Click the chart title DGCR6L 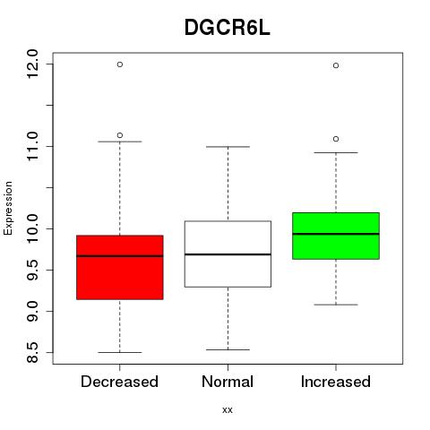click(x=228, y=28)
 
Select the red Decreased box click(x=120, y=267)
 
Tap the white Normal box click(x=228, y=254)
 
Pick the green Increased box click(x=336, y=236)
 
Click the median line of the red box click(x=120, y=256)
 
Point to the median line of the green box click(x=336, y=234)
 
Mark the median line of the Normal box click(x=228, y=254)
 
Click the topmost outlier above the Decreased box click(x=120, y=64)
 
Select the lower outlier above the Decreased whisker click(x=120, y=135)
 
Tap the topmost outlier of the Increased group click(x=336, y=65)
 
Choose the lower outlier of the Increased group click(x=336, y=139)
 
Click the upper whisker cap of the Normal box click(x=228, y=147)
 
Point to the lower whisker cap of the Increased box click(x=336, y=305)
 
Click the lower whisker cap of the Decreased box click(x=120, y=352)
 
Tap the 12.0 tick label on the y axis click(x=32, y=64)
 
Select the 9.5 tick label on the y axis click(x=32, y=270)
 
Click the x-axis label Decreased click(x=119, y=382)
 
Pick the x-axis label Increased click(x=336, y=382)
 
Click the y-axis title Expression click(x=8, y=208)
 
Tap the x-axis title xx click(x=228, y=410)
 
